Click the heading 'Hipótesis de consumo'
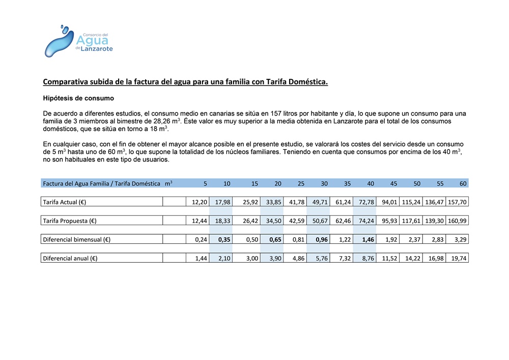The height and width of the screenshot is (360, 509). click(x=78, y=98)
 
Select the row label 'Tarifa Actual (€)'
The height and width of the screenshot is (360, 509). click(x=65, y=202)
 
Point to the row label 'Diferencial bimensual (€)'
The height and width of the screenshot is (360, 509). click(x=77, y=239)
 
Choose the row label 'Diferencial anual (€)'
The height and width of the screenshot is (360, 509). click(x=70, y=258)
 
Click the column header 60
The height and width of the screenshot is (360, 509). click(x=462, y=183)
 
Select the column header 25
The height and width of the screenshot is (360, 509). click(x=301, y=183)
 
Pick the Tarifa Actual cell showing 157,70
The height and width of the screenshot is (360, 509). click(x=457, y=202)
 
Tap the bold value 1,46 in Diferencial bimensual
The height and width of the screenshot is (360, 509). click(x=367, y=239)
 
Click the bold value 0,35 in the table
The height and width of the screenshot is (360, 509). click(x=223, y=239)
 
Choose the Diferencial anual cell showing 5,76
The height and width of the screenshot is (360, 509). click(x=320, y=258)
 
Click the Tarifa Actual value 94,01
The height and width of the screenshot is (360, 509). click(x=389, y=202)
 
